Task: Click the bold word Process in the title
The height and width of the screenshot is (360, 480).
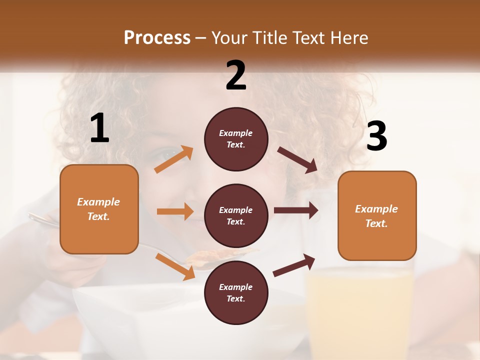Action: (157, 37)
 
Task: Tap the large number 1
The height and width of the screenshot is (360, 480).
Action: (99, 128)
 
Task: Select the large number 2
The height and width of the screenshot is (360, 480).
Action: (236, 75)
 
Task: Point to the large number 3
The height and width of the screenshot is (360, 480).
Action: (376, 136)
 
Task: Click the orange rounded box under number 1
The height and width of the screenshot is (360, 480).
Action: (99, 209)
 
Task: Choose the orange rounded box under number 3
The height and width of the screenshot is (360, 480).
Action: (377, 215)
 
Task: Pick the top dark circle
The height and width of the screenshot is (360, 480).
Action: (236, 139)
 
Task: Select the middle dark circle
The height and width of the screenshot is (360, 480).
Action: (236, 215)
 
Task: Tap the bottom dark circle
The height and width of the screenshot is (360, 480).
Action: (236, 292)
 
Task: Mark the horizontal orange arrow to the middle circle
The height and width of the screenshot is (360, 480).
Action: (175, 211)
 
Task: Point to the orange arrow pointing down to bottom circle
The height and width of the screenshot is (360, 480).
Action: (175, 266)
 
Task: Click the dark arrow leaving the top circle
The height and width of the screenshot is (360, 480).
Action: (297, 159)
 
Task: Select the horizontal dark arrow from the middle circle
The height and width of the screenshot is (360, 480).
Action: (296, 210)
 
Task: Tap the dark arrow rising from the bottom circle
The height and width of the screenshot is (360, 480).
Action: (294, 265)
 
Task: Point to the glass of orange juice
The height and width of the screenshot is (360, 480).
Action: (360, 305)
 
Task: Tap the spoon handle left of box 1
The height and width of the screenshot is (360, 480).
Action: (42, 220)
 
